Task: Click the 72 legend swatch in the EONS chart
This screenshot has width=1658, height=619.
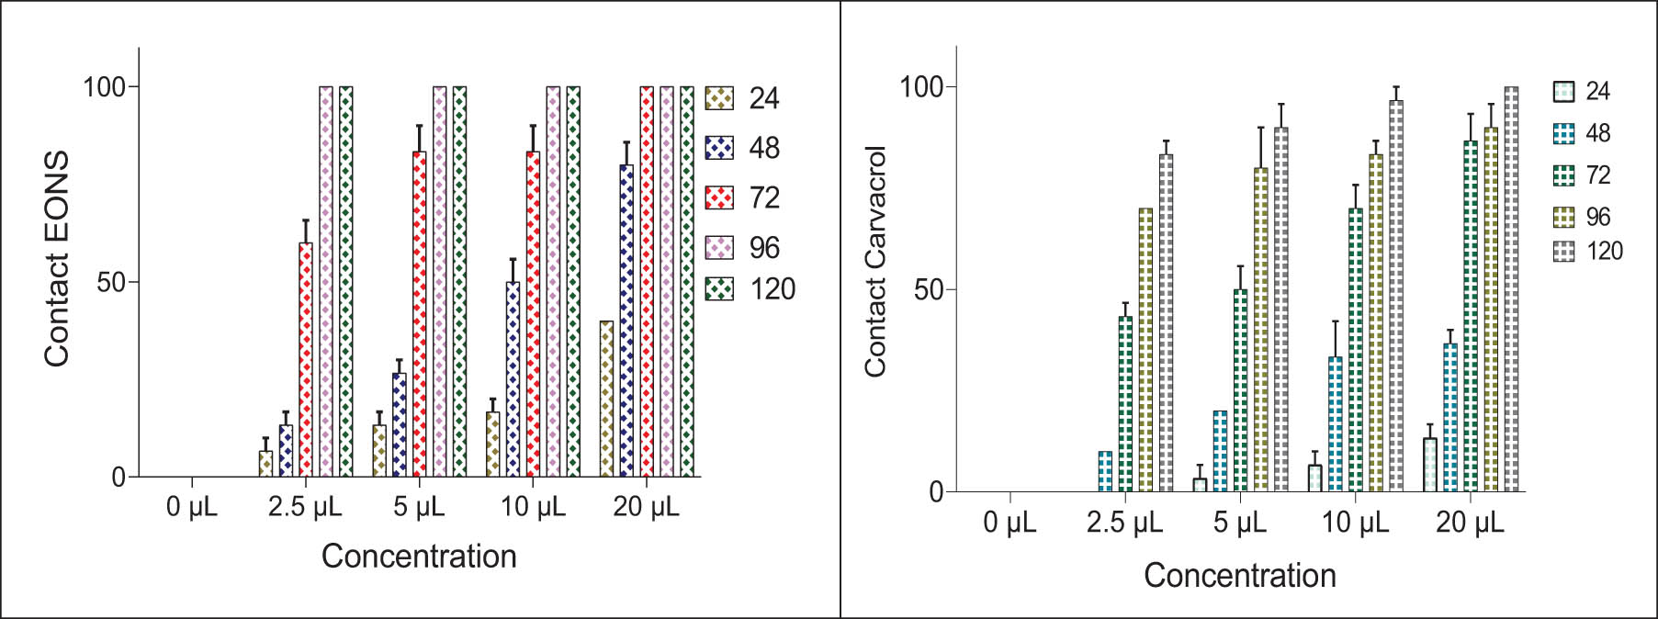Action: click(x=719, y=197)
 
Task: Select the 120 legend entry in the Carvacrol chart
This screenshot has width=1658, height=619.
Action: click(x=1563, y=251)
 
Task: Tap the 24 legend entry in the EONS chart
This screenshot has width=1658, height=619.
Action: click(x=719, y=98)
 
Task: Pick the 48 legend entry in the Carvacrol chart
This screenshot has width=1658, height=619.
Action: click(x=1563, y=133)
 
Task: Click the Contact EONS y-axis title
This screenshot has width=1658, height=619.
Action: click(x=57, y=259)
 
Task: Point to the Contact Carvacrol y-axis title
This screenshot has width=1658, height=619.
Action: click(x=875, y=261)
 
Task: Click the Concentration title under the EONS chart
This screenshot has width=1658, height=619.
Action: click(x=419, y=556)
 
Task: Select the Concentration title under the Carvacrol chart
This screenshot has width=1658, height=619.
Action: click(x=1239, y=575)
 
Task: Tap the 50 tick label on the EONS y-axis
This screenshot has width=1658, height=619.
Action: click(x=111, y=282)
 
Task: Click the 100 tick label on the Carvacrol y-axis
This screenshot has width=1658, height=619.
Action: click(x=921, y=87)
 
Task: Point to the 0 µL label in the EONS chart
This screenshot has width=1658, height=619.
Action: click(x=192, y=506)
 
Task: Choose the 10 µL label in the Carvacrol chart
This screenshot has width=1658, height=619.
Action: click(x=1355, y=523)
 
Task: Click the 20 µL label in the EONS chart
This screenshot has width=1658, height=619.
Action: click(x=646, y=506)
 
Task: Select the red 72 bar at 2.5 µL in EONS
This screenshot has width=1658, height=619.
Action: click(x=306, y=359)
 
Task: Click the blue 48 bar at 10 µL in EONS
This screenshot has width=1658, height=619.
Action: click(x=513, y=378)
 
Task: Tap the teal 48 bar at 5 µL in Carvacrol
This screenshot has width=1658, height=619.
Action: click(x=1220, y=451)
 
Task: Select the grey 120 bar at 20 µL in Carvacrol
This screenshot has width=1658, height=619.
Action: click(x=1511, y=289)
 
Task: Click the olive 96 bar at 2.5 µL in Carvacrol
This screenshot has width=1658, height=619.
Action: click(x=1145, y=350)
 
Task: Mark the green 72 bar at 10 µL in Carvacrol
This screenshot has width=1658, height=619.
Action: click(x=1356, y=350)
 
